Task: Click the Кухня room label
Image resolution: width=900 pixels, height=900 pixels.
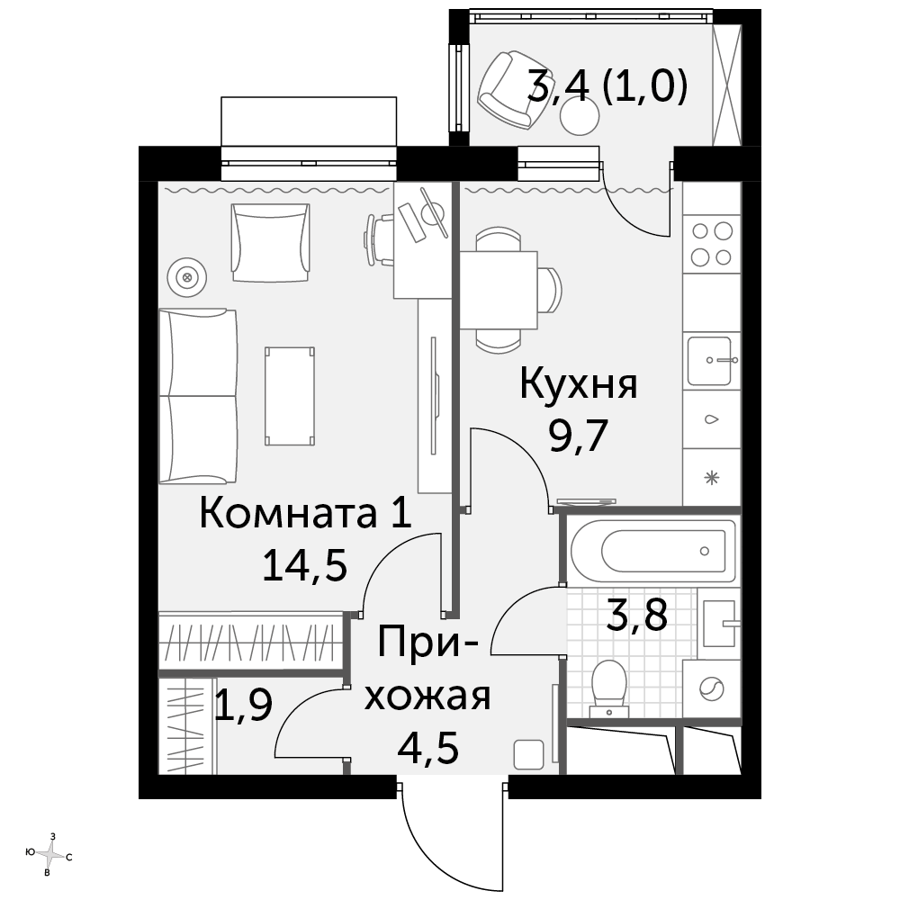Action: [x=579, y=384]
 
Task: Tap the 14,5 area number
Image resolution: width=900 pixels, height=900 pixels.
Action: [x=305, y=565]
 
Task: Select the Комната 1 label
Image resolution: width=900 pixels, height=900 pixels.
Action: [x=305, y=513]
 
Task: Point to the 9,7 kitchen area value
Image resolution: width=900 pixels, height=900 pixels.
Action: [x=578, y=436]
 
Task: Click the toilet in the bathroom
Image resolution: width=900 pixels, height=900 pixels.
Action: [x=609, y=688]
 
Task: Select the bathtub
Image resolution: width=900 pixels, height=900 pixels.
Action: [x=652, y=551]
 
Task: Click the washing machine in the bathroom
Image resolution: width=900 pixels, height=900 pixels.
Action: [x=711, y=688]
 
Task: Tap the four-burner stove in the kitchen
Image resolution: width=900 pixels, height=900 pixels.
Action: [x=711, y=244]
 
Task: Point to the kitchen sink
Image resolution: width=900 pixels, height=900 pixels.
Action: [x=711, y=361]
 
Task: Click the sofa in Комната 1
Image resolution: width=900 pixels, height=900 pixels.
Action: [x=198, y=396]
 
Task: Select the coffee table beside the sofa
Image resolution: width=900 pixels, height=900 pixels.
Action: [x=290, y=396]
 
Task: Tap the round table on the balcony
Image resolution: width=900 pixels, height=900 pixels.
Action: [x=580, y=116]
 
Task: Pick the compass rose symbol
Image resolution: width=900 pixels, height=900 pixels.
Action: [x=51, y=855]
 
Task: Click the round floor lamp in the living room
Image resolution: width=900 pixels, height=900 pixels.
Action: [x=186, y=278]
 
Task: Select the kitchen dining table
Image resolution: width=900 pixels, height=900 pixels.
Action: [x=499, y=290]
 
